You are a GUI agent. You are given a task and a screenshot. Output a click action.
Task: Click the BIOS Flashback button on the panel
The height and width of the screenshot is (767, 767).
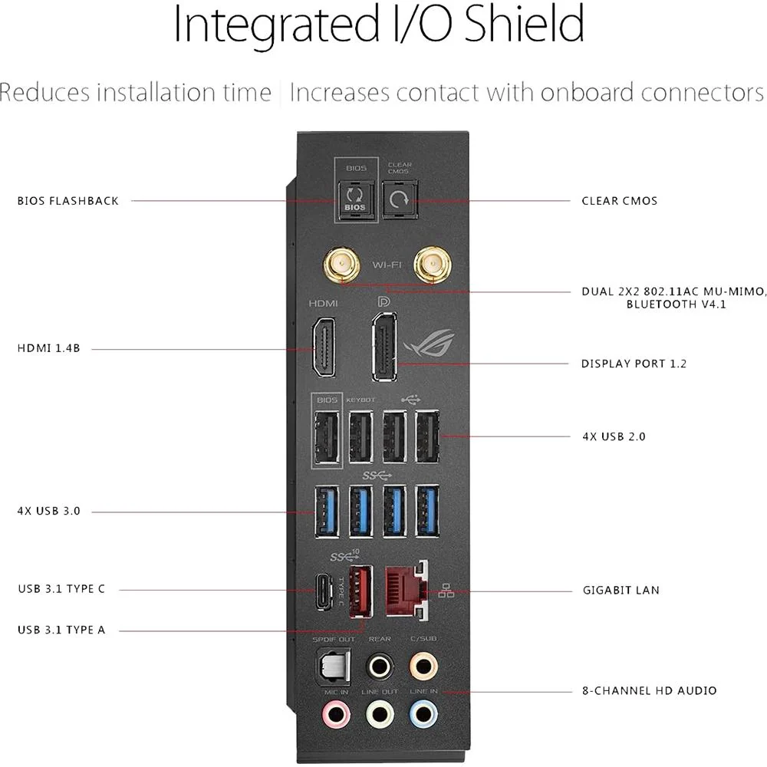click(355, 199)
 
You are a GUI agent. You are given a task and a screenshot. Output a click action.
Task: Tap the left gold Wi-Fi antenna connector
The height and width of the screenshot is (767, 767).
click(341, 265)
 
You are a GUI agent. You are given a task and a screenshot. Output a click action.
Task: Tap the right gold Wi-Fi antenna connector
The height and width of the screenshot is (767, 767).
click(433, 265)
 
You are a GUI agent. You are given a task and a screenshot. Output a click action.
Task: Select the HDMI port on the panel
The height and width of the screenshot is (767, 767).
click(324, 347)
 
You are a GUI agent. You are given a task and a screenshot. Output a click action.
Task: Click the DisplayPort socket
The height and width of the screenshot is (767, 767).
click(384, 347)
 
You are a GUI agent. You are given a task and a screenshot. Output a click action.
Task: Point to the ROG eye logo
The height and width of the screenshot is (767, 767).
click(429, 342)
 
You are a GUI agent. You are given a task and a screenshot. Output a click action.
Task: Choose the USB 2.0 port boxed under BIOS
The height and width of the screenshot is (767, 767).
click(327, 436)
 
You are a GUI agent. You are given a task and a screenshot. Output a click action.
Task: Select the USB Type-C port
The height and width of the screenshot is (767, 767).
click(324, 591)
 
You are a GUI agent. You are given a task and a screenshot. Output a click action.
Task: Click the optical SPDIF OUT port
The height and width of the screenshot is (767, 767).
click(334, 665)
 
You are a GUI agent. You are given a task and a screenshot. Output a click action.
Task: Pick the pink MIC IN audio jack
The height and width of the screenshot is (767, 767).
click(336, 714)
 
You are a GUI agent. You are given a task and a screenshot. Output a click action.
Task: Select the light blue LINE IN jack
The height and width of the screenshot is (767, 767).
click(423, 713)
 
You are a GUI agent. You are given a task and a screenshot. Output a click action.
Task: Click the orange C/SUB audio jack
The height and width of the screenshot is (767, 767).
click(423, 665)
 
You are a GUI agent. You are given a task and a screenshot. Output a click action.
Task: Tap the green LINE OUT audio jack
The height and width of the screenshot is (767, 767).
click(380, 714)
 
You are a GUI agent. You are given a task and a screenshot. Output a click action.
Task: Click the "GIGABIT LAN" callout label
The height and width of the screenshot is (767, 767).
click(621, 591)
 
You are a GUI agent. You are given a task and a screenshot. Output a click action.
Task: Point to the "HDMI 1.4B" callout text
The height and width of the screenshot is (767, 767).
click(48, 348)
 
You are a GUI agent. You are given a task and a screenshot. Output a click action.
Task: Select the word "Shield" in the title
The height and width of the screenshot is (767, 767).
click(523, 24)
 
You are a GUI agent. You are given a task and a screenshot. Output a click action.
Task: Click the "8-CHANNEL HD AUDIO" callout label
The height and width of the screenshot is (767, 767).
click(649, 691)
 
